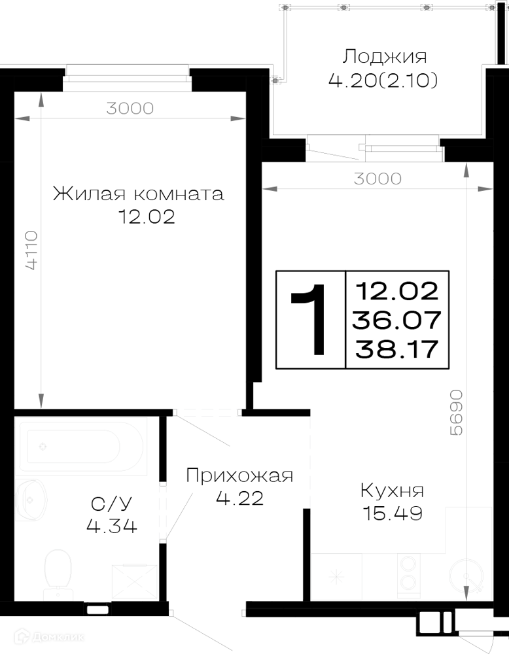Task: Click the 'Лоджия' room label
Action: coord(384,57)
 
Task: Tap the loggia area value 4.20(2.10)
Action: coord(383,80)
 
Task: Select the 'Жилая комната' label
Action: coord(139,194)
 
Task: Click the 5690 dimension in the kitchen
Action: coord(457,413)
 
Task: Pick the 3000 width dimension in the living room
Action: coord(130,109)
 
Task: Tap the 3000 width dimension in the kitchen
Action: coord(377,179)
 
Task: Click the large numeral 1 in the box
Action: coord(311,320)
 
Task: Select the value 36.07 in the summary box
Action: coord(396,320)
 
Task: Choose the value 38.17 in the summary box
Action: coord(396,349)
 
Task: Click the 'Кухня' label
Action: coord(392,491)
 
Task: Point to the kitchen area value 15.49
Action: coord(393,513)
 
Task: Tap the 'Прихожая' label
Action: coord(239,475)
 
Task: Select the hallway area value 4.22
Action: coord(240,498)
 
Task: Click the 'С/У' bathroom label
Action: coord(111,504)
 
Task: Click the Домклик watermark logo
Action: coord(49,637)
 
